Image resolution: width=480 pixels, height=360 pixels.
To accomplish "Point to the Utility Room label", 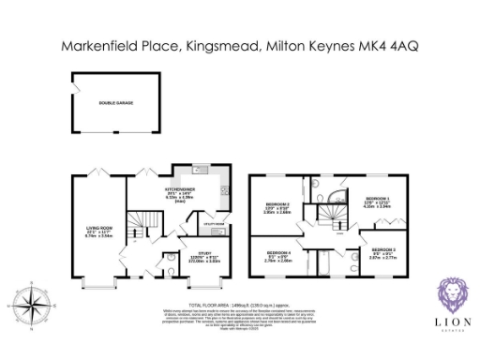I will click(213, 225).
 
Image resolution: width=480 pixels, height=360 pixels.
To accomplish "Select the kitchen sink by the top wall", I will click(199, 172).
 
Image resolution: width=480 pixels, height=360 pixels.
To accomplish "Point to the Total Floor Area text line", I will click(239, 306).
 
